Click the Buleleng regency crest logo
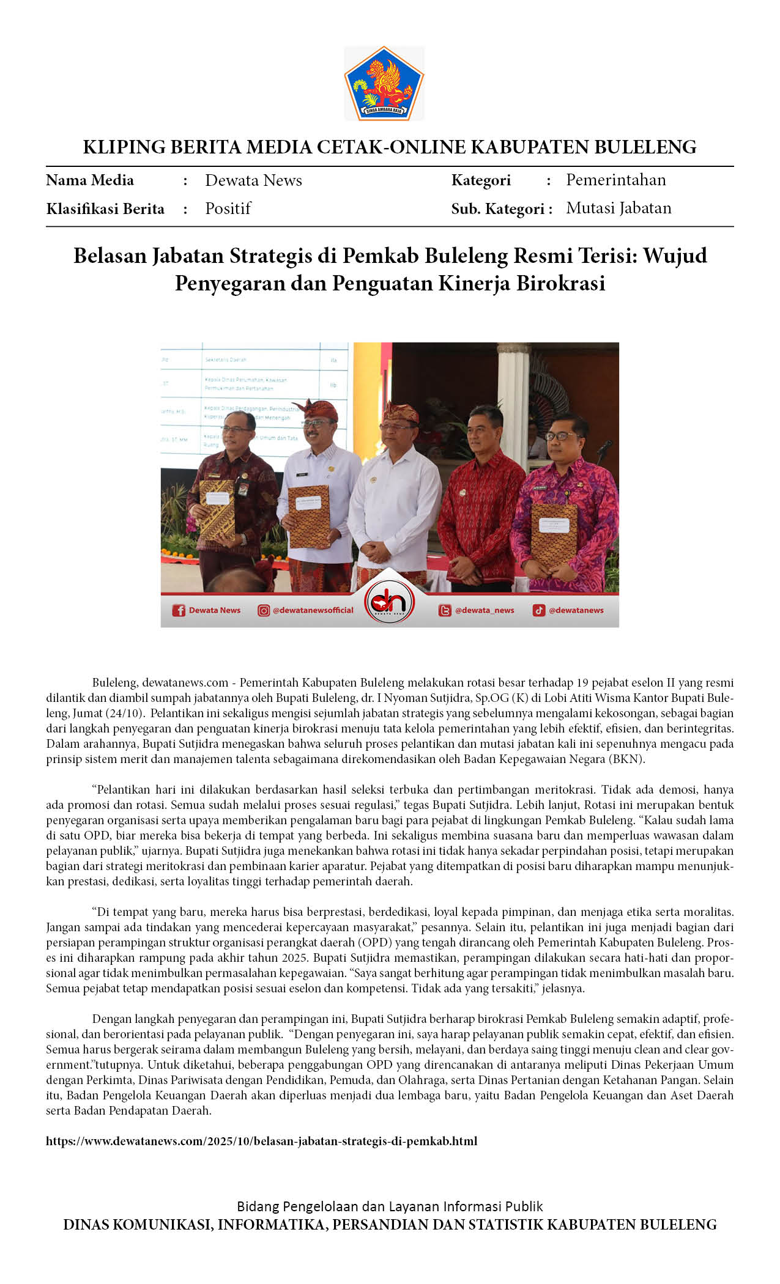pyautogui.click(x=384, y=83)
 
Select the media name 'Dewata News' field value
pyautogui.click(x=253, y=180)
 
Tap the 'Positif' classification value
pyautogui.click(x=228, y=208)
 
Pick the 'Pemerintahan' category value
pyautogui.click(x=615, y=180)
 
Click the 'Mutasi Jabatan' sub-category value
pyautogui.click(x=618, y=208)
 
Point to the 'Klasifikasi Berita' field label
pyautogui.click(x=105, y=209)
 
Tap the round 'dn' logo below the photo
pyautogui.click(x=389, y=602)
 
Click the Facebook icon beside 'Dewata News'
pyautogui.click(x=179, y=610)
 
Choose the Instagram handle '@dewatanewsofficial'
pyautogui.click(x=313, y=610)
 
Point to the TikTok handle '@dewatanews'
pyautogui.click(x=576, y=610)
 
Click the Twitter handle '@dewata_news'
pyautogui.click(x=484, y=610)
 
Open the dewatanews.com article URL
pyautogui.click(x=261, y=1141)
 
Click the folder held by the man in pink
pyautogui.click(x=554, y=533)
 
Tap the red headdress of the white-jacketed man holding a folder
pyautogui.click(x=318, y=409)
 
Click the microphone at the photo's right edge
pyautogui.click(x=605, y=446)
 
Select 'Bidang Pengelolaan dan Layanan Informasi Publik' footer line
pyautogui.click(x=390, y=1206)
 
